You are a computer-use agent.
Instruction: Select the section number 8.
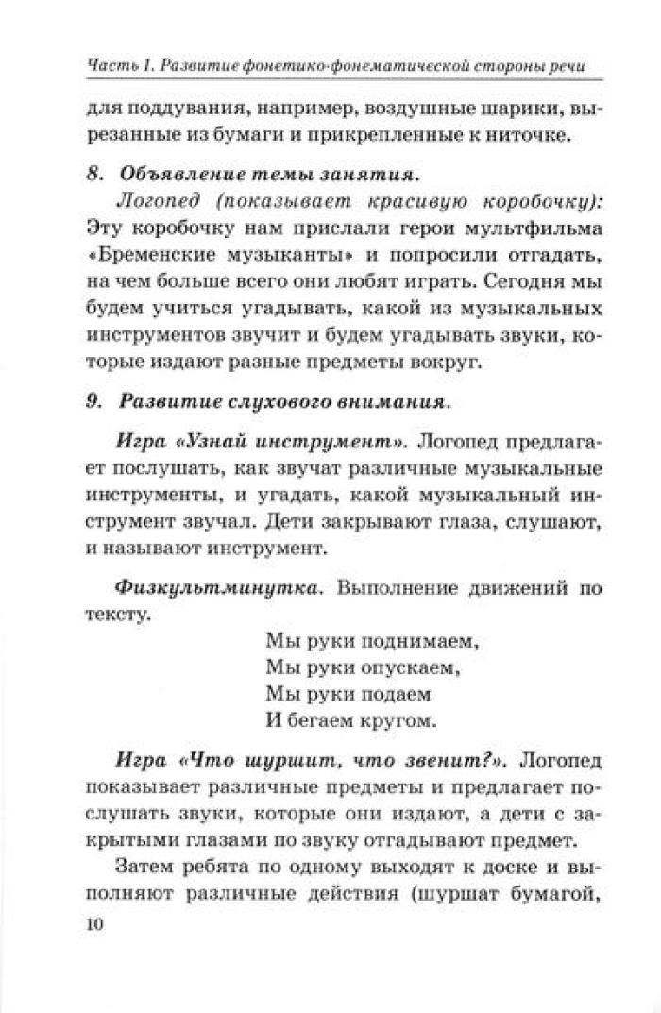point(91,176)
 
